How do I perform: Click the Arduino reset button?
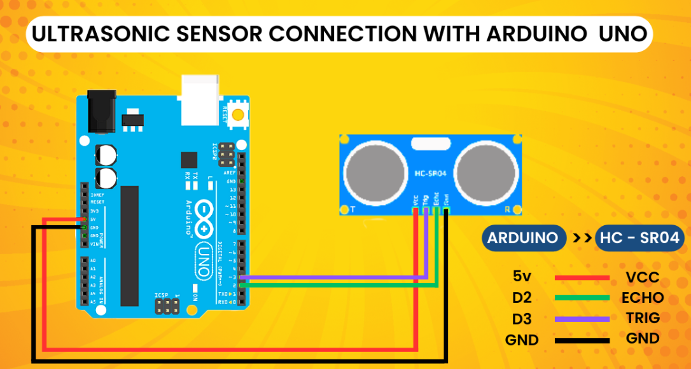238,115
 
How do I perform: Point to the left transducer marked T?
375,171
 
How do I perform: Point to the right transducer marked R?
487,171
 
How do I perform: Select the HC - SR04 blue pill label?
640,239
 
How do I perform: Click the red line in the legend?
582,278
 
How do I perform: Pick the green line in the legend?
582,298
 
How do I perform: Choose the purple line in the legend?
582,319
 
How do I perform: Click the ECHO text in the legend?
642,298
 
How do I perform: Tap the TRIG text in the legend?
642,318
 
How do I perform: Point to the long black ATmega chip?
129,245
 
